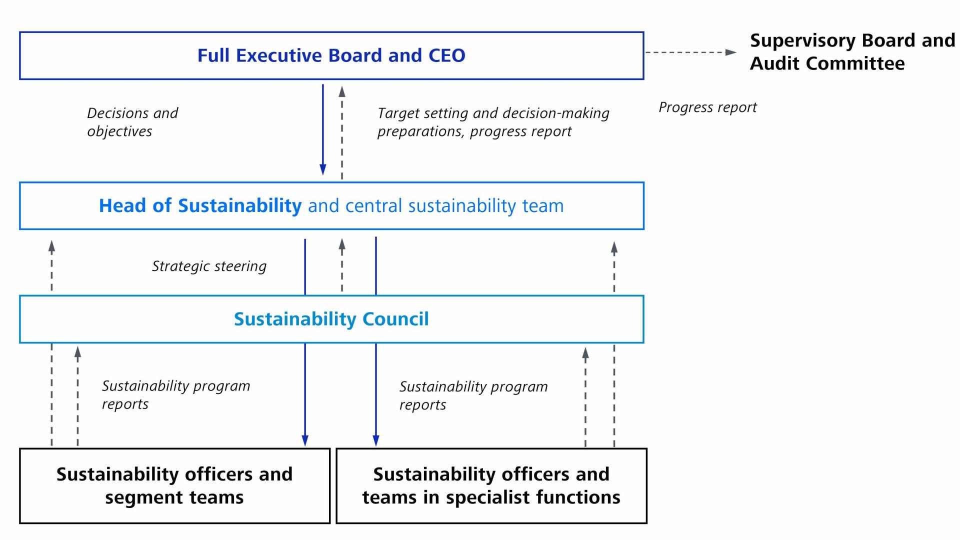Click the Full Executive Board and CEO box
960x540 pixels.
pyautogui.click(x=331, y=55)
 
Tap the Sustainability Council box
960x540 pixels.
pyautogui.click(x=331, y=319)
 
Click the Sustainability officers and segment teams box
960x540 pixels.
pyautogui.click(x=174, y=485)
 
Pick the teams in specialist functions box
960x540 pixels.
pyautogui.click(x=491, y=485)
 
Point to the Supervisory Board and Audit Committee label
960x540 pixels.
pyautogui.click(x=852, y=52)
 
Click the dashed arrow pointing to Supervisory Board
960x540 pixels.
pyautogui.click(x=690, y=52)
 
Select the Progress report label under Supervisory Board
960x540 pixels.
pyautogui.click(x=707, y=107)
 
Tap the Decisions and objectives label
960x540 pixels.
pyautogui.click(x=132, y=122)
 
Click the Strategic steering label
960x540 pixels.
pyautogui.click(x=209, y=266)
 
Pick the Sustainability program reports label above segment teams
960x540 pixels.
pyautogui.click(x=176, y=394)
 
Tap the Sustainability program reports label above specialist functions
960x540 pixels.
pyautogui.click(x=473, y=395)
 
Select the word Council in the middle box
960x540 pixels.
pyautogui.click(x=395, y=319)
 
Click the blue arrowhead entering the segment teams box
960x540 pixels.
pyautogui.click(x=305, y=440)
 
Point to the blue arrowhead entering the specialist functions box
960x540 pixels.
pyautogui.click(x=376, y=440)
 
